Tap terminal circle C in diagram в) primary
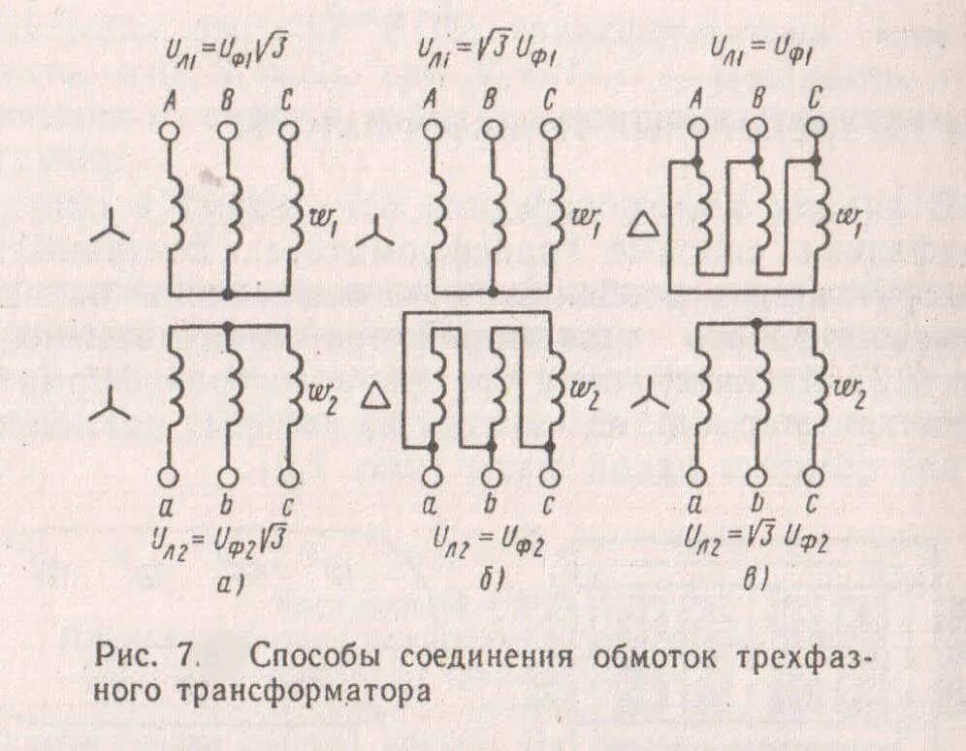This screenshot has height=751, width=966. coord(816,128)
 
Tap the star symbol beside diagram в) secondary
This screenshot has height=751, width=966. coord(651,396)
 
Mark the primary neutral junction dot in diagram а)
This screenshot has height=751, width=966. coord(228,294)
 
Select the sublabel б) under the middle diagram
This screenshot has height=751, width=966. coord(490,580)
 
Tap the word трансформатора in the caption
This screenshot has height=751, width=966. coord(301,694)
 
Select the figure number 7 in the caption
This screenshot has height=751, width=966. coord(185,656)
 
